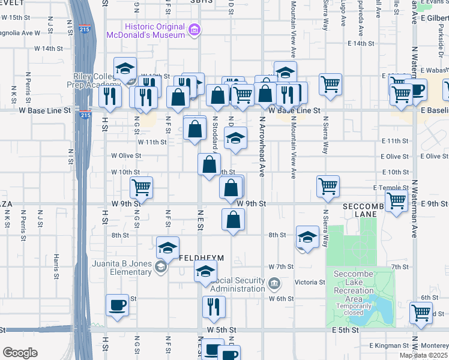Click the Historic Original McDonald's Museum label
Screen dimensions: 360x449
[x=145, y=31]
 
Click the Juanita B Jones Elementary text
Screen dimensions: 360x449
[x=122, y=267]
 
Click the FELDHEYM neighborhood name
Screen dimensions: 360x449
[x=201, y=258]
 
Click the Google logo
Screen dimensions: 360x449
[x=20, y=353]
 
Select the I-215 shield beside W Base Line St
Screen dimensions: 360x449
[x=85, y=115]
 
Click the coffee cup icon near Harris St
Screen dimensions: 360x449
[x=117, y=305]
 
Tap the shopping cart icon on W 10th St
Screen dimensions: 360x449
[x=141, y=187]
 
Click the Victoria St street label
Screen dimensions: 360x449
[x=310, y=281]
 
